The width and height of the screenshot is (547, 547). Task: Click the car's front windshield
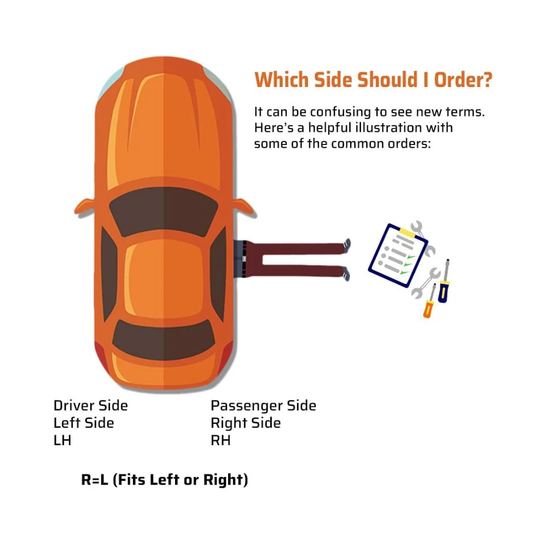point(164,211)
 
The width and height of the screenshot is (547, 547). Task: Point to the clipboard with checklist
point(398,255)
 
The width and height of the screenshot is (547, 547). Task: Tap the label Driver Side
point(91,406)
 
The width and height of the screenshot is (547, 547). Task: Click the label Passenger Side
point(264,406)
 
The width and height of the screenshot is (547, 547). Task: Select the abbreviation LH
point(62,440)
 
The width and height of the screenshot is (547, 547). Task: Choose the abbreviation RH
point(220,440)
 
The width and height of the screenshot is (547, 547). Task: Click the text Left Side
point(84,423)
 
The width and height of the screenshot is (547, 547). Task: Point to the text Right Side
point(246,423)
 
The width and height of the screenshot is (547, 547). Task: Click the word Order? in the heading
point(463,79)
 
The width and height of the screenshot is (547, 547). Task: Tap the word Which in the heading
point(282,79)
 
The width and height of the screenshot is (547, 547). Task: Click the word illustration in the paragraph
point(388,127)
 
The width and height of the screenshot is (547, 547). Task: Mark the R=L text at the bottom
point(95,480)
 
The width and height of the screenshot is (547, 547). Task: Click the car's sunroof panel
point(164,279)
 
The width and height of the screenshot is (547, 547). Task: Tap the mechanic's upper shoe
point(347,245)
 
